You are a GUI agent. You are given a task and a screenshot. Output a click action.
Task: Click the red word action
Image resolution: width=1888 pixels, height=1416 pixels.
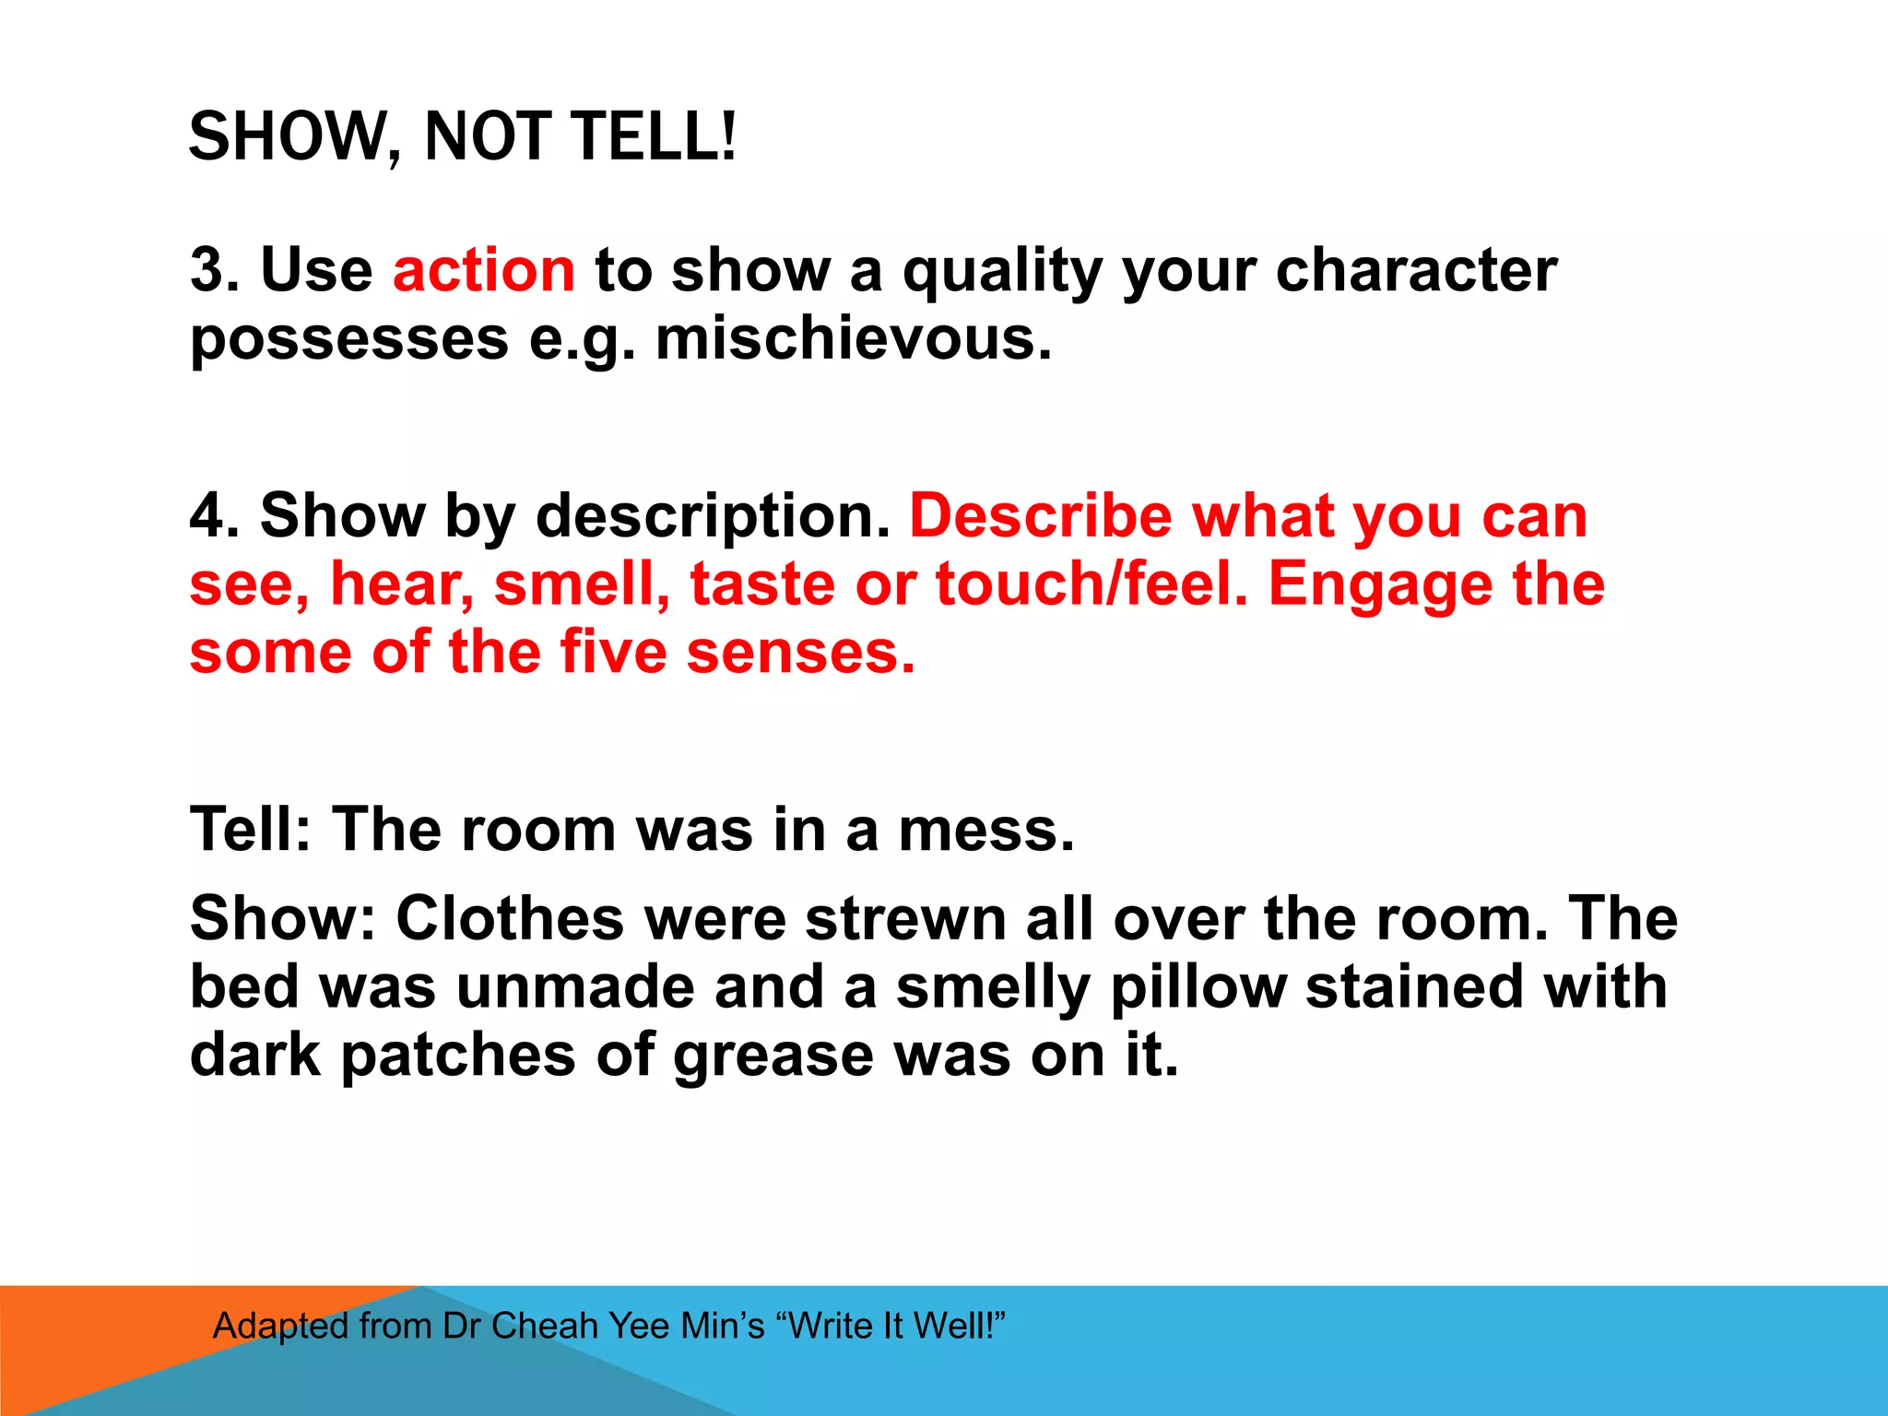[484, 270]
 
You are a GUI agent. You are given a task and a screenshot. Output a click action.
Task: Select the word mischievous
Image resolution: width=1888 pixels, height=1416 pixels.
[853, 338]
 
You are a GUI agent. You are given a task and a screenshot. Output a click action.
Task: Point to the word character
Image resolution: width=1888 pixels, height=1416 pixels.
[1416, 270]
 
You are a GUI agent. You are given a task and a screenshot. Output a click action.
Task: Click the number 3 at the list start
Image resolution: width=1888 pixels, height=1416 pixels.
[208, 270]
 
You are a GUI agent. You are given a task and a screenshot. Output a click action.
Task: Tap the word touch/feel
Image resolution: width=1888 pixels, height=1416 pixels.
[1092, 584]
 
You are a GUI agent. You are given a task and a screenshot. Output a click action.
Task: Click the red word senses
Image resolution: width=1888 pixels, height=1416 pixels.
[800, 653]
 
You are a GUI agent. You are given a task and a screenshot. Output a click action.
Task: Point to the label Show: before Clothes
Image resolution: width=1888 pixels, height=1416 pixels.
[282, 918]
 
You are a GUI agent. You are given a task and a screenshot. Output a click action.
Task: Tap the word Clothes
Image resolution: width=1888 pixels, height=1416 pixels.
[510, 918]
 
